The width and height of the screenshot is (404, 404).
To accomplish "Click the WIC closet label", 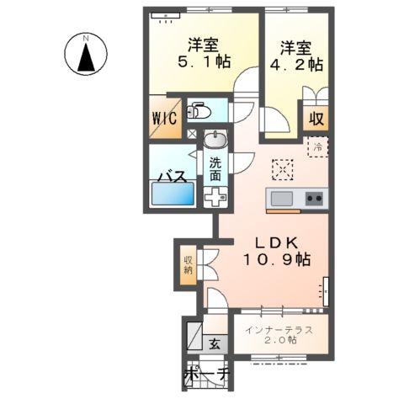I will pos(164,119).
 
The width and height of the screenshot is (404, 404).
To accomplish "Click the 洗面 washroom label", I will pos(215,170).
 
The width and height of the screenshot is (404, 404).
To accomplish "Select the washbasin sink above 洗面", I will pos(215,141).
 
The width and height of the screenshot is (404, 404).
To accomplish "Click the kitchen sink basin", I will pos(281,199).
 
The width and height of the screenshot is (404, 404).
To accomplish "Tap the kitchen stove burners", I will pos(315,199).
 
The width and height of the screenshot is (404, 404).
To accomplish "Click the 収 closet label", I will pos(317,119).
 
